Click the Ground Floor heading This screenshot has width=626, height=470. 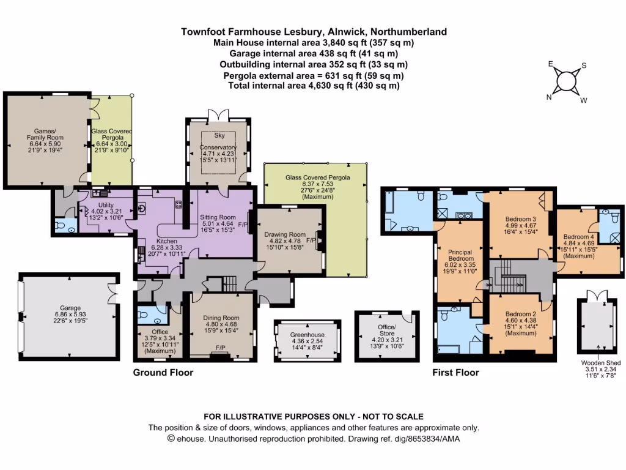[x=163, y=372]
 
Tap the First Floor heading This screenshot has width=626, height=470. [x=455, y=372]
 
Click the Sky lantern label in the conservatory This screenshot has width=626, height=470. [x=218, y=135]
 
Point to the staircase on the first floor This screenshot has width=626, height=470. [x=512, y=275]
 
